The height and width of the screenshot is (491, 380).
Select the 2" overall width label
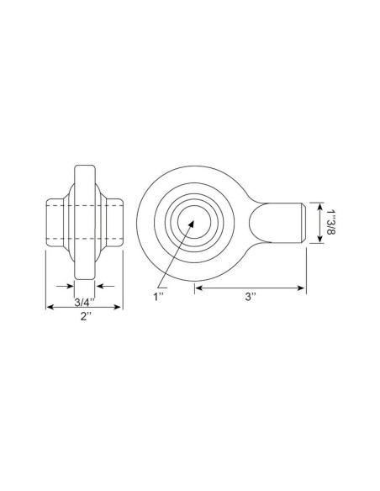[x=84, y=317]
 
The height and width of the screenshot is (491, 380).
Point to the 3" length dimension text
[x=251, y=297]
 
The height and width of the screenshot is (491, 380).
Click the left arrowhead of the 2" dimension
[x=48, y=308]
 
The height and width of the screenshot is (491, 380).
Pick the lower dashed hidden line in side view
[x=84, y=240]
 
